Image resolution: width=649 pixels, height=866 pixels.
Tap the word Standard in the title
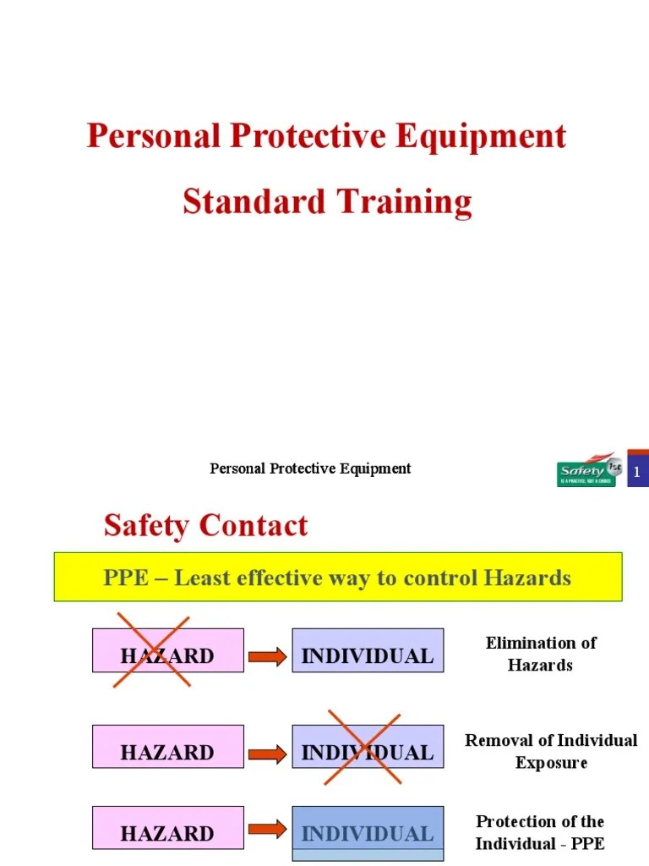254,202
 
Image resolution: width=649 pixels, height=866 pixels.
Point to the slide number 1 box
637,471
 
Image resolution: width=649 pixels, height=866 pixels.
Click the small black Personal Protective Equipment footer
310,469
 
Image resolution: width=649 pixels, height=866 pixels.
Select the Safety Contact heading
205,526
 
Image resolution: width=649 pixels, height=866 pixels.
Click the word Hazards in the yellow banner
527,578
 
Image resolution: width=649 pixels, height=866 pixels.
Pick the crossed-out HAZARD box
167,651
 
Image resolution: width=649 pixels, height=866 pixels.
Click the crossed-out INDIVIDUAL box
368,746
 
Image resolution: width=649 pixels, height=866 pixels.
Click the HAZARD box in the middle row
167,747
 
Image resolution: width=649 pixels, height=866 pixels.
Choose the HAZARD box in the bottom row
167,828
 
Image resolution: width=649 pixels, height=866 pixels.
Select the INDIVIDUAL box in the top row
368,651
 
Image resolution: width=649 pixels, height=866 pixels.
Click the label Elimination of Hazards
541,654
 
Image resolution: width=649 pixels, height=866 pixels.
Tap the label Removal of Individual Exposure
551,751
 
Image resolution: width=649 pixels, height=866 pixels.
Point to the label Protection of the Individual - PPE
541,832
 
